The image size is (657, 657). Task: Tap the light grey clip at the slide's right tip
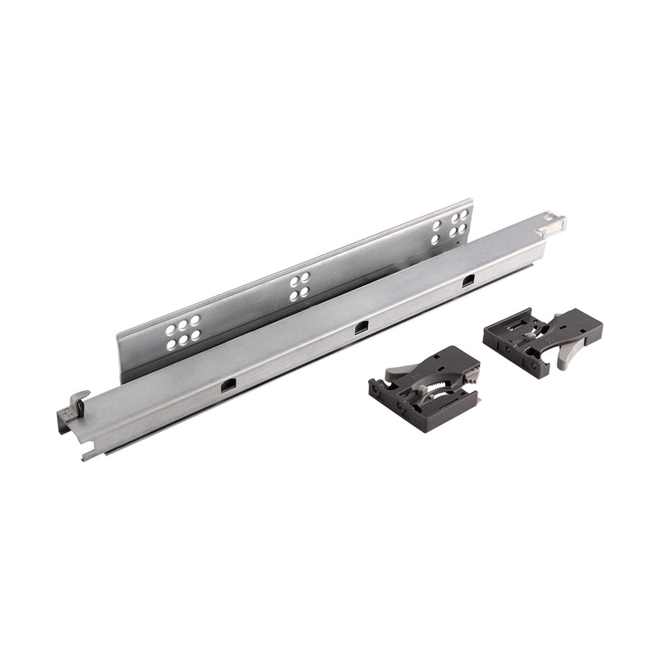tap(558, 222)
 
